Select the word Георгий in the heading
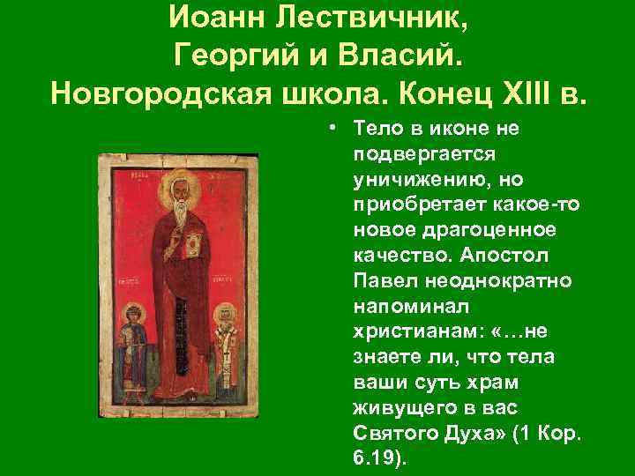(228, 55)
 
